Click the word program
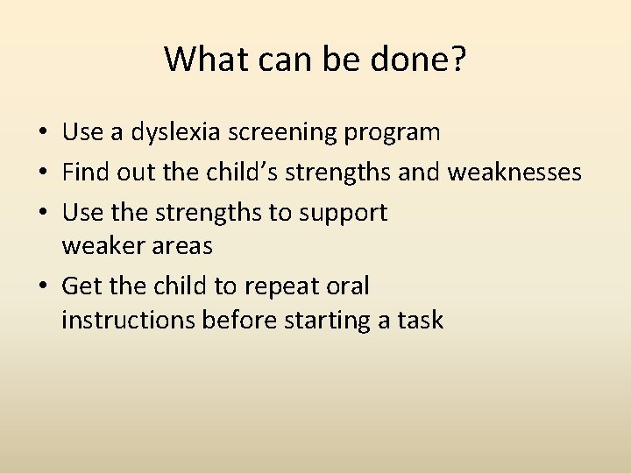point(393,133)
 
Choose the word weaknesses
point(514,173)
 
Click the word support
point(345,213)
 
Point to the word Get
point(80,286)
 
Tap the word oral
point(351,286)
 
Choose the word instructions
point(128,321)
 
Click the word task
point(419,321)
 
